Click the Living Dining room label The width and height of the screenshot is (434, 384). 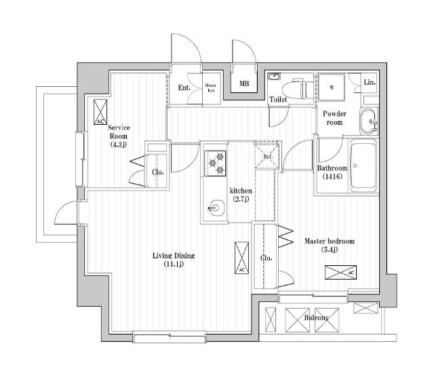coord(174,259)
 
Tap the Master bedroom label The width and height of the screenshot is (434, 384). coord(330,245)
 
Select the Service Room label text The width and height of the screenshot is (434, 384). coord(119,136)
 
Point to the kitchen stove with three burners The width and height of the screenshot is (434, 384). coord(215,164)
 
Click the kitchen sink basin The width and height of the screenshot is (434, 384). coord(217,208)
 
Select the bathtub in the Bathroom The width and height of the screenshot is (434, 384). coord(363,166)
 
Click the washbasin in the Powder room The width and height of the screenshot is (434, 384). coord(368,121)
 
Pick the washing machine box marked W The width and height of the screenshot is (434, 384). coord(332,88)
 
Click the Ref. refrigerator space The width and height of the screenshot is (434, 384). coord(267,156)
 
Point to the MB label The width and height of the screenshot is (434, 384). coord(244,83)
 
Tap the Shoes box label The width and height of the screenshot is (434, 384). coord(210,88)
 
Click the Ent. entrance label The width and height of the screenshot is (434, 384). coord(184,88)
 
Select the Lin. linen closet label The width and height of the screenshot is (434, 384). coord(370,82)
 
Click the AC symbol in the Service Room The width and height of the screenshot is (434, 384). coord(100,112)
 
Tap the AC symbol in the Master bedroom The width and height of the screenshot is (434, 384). coord(340,273)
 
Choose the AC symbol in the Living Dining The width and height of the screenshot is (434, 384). coord(241,258)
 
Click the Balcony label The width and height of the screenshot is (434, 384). coord(317,318)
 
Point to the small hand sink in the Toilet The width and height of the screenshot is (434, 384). coord(274,76)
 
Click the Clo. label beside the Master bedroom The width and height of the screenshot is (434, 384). coord(267,258)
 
